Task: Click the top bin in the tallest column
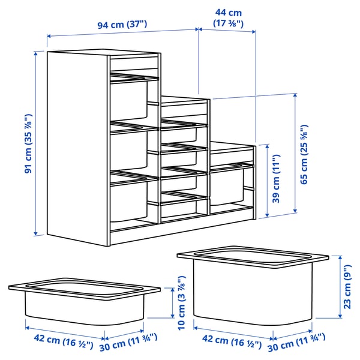(x=128, y=99)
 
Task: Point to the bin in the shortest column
(x=227, y=186)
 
